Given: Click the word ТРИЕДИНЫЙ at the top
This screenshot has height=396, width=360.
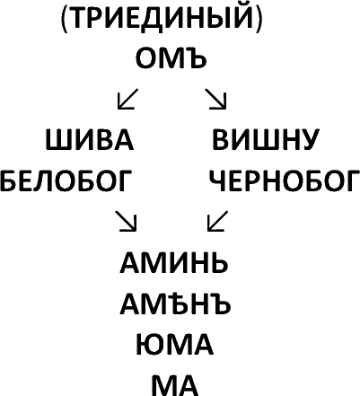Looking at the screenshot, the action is point(162,18).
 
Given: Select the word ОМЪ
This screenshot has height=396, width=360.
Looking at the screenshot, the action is point(171,58).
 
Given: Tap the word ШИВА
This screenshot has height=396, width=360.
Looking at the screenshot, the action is point(90,139).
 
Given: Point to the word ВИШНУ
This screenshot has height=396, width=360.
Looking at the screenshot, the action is point(265,139).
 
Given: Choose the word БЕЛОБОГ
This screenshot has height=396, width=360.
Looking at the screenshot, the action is point(66,180).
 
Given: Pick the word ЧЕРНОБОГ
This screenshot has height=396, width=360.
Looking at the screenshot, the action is point(285,180).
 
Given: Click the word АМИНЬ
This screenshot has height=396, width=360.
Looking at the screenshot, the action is point(174,262).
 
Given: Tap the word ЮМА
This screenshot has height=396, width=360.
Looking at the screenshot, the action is point(175,345).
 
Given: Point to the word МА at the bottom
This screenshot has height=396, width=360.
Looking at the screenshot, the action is point(175,385).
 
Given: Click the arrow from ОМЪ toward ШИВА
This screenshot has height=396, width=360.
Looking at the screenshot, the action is point(127,99).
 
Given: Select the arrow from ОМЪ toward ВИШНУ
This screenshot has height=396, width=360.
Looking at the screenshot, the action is point(215,99).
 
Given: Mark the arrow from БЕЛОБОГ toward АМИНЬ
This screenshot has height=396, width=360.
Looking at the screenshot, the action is point(127,221).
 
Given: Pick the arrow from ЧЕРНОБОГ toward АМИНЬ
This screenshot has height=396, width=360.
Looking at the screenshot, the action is point(217,221).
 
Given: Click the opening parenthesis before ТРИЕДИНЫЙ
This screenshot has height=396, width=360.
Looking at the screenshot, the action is point(65,19).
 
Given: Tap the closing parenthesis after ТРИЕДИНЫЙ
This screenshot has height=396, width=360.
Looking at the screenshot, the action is point(259,19).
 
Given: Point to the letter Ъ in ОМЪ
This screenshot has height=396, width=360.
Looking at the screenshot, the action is point(198,58).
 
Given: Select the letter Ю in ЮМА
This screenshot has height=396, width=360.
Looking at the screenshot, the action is point(149,345).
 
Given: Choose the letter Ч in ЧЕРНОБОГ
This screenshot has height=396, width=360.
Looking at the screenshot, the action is point(217,180).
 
